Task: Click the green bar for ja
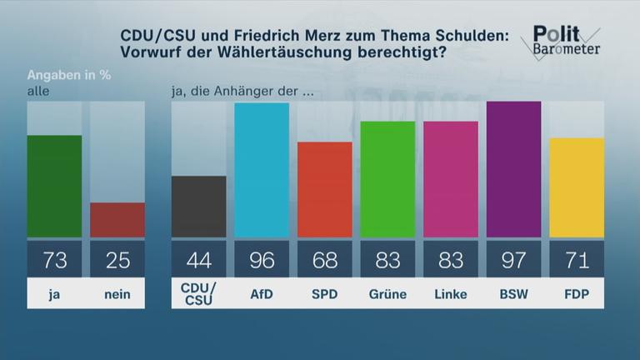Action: click(55, 186)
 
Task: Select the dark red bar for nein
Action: click(117, 220)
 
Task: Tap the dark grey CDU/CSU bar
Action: click(198, 207)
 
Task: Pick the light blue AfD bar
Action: click(262, 170)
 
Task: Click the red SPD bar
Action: click(325, 190)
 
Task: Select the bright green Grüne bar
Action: click(387, 179)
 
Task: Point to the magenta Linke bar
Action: click(451, 179)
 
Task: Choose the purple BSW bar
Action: click(513, 169)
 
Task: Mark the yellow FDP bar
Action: click(577, 187)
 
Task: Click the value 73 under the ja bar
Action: click(55, 261)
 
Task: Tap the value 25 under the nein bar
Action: click(117, 261)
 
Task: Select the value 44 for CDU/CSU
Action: click(198, 261)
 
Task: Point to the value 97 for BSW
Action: click(513, 261)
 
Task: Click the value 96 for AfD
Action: click(262, 261)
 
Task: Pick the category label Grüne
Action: click(387, 294)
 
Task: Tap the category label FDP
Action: click(577, 294)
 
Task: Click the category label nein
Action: click(117, 294)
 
